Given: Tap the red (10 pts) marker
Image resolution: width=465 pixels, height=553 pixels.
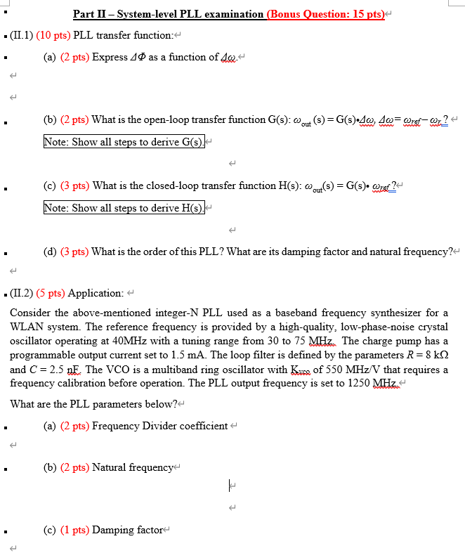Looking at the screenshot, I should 49,35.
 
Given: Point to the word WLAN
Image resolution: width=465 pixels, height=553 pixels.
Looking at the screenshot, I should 27,325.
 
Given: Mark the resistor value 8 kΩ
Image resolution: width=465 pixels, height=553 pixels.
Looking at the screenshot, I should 433,356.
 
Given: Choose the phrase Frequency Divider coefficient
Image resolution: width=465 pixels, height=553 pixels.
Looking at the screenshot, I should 159,426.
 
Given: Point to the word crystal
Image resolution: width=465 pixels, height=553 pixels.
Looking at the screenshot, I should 432,325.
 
